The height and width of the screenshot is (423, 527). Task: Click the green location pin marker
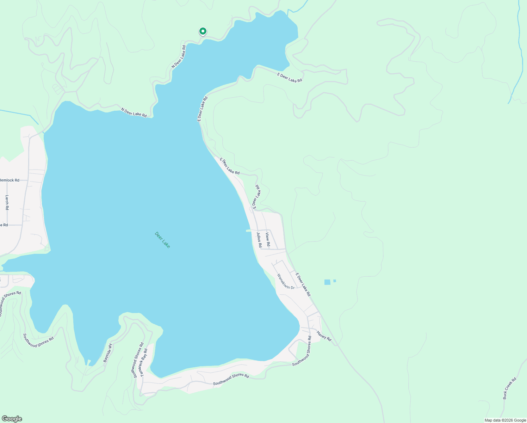[203, 32]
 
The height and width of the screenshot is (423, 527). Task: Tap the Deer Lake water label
[162, 240]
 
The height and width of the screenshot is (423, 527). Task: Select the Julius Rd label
[259, 239]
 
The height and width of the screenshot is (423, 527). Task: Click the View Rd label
[268, 239]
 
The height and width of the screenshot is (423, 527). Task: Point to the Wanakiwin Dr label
[286, 282]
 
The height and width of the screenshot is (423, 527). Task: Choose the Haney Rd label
[324, 336]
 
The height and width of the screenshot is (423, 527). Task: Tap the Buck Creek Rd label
[509, 388]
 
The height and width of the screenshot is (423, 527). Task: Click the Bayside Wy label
[107, 353]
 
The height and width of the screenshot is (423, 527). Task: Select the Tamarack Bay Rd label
[144, 363]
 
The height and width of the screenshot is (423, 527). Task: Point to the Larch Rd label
[7, 202]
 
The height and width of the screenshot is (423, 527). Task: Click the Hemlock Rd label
[10, 180]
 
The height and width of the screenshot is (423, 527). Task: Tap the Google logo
[12, 419]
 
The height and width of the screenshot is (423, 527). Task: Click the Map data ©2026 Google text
[505, 420]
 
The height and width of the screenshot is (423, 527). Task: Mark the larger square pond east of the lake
[327, 282]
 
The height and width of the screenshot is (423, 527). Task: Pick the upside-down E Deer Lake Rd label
[256, 196]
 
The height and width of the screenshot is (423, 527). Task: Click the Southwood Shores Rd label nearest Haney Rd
[302, 351]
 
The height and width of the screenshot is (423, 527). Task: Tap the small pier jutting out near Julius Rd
[248, 231]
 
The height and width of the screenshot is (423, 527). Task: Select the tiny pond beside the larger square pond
[335, 281]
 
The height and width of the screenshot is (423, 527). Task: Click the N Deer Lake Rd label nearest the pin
[179, 56]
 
